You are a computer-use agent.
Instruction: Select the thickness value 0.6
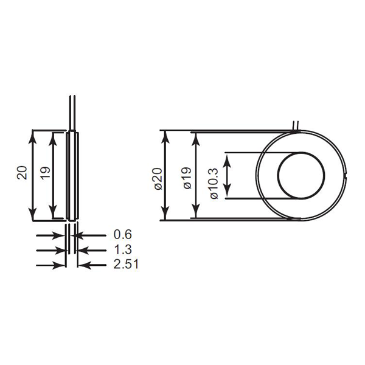[122, 234]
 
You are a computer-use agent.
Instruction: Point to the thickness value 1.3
[122, 249]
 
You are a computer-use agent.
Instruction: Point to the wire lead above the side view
[72, 113]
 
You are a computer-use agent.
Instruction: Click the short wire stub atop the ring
[295, 125]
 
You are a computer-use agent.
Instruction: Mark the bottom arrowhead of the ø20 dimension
[165, 214]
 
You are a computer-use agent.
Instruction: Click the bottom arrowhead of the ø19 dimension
[195, 213]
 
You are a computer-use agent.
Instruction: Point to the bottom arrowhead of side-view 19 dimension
[54, 212]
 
